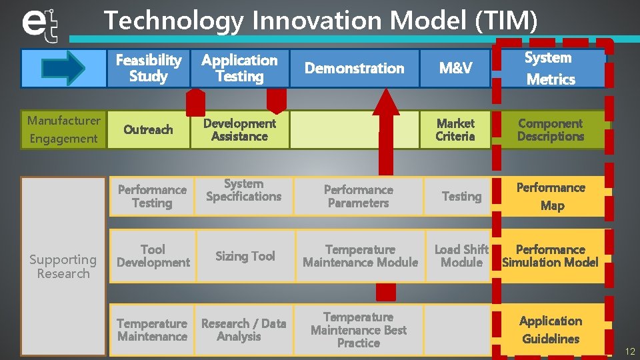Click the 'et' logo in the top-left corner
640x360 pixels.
pyautogui.click(x=41, y=25)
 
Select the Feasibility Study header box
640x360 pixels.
pyautogui.click(x=148, y=68)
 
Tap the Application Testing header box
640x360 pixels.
pyautogui.click(x=239, y=68)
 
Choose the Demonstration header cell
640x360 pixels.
pyautogui.click(x=354, y=68)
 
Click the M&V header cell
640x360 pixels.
pyautogui.click(x=455, y=68)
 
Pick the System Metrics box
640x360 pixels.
pyautogui.click(x=550, y=68)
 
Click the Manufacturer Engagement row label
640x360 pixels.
pyautogui.click(x=63, y=129)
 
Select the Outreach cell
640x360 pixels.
pyautogui.click(x=148, y=129)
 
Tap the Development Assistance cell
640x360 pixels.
pyautogui.click(x=239, y=129)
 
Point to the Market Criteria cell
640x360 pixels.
pyautogui.click(x=455, y=129)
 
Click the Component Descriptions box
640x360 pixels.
pyautogui.click(x=550, y=129)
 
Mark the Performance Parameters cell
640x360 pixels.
pyautogui.click(x=358, y=196)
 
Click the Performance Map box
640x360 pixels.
pyautogui.click(x=551, y=196)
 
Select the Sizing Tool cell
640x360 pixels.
pyautogui.click(x=245, y=256)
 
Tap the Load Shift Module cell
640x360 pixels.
pyautogui.click(x=461, y=256)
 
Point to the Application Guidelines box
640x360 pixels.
pyautogui.click(x=551, y=329)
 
